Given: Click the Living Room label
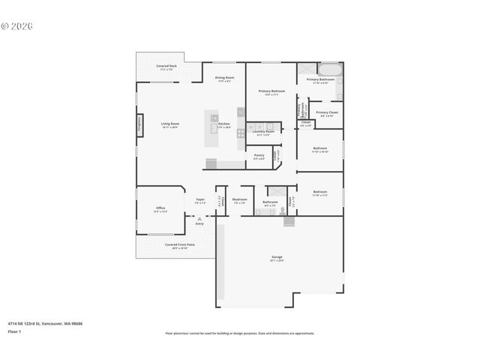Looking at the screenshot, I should (170, 124).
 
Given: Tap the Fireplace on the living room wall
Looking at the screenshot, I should (139, 124).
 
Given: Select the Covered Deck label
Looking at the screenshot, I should (166, 66).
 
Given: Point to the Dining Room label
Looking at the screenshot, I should (224, 78).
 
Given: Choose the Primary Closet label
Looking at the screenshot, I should (327, 112).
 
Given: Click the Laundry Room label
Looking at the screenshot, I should (265, 132).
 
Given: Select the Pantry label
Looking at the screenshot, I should (259, 156).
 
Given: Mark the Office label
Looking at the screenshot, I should (160, 208).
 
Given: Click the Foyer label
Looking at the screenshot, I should (200, 199).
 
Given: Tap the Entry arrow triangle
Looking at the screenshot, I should (199, 218).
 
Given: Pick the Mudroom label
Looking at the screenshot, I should (239, 200).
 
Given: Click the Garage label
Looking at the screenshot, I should (277, 257).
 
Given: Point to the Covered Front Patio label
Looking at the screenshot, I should (180, 244).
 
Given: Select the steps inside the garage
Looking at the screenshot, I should (289, 221).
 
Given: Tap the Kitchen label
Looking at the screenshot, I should (224, 124).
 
